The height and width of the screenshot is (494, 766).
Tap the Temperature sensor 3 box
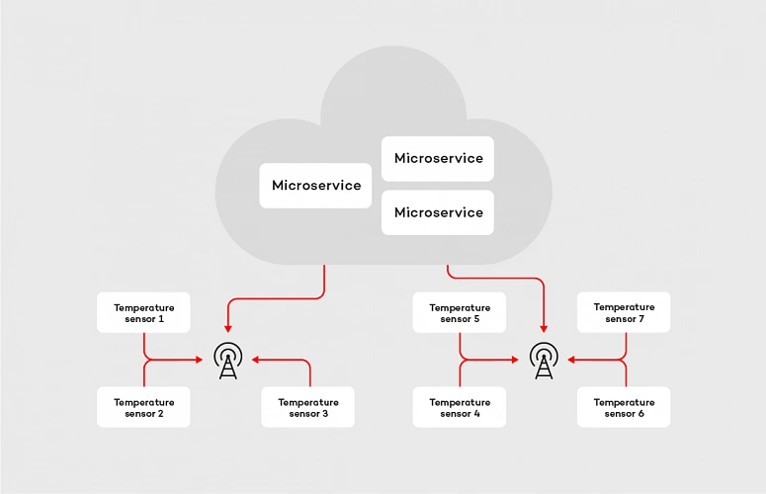pyautogui.click(x=307, y=407)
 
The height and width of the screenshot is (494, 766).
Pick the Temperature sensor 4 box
pyautogui.click(x=459, y=407)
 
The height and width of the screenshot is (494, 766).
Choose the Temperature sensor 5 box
pyautogui.click(x=459, y=313)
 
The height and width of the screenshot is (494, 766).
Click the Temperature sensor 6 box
pyautogui.click(x=623, y=407)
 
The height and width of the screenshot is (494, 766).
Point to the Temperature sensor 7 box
pyautogui.click(x=623, y=313)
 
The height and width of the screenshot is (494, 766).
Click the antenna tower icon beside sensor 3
pyautogui.click(x=227, y=361)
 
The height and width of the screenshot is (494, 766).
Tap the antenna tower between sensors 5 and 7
pyautogui.click(x=543, y=361)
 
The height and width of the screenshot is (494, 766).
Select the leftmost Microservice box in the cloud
pyautogui.click(x=315, y=186)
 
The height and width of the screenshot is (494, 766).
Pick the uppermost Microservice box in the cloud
pyautogui.click(x=438, y=158)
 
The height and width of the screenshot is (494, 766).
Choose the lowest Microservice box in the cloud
pyautogui.click(x=438, y=212)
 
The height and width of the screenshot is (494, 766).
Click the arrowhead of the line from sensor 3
pyautogui.click(x=256, y=361)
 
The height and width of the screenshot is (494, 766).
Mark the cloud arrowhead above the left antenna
pyautogui.click(x=227, y=328)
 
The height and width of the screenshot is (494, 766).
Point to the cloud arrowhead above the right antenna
pyautogui.click(x=543, y=328)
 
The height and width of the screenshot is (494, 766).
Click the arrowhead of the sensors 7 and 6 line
pyautogui.click(x=571, y=361)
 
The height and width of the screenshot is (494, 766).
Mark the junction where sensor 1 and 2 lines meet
pyautogui.click(x=145, y=361)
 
